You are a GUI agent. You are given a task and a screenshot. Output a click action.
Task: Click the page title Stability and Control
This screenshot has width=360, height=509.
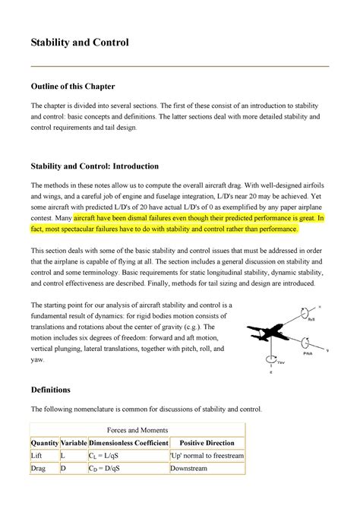click(x=79, y=43)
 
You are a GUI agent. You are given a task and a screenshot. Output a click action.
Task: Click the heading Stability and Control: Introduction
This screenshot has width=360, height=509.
click(x=93, y=165)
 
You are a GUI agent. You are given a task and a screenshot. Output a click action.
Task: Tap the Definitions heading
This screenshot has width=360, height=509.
click(x=50, y=389)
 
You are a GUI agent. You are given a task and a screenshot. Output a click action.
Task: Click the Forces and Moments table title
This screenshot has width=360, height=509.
click(x=137, y=429)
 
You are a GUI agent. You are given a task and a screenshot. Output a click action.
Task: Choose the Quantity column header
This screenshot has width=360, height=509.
click(x=44, y=443)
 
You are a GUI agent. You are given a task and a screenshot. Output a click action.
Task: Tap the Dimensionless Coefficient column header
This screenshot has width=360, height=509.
click(x=128, y=443)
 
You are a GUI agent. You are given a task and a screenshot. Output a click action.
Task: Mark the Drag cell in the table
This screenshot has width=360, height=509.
click(x=39, y=471)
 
